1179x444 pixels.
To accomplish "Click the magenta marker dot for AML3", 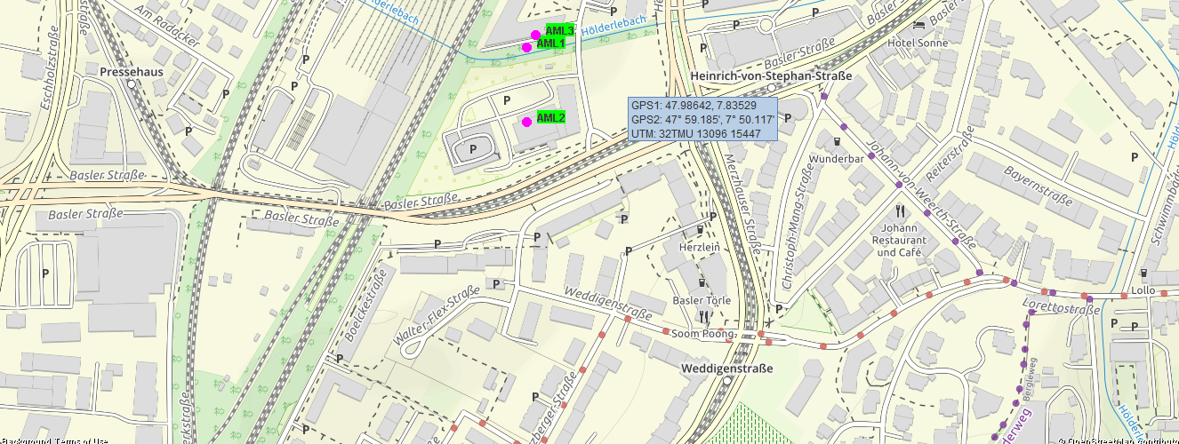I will (x=535, y=35).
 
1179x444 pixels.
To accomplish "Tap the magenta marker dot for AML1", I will (x=526, y=47).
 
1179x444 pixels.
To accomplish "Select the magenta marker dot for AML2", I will (x=526, y=122).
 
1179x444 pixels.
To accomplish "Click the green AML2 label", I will (x=551, y=117).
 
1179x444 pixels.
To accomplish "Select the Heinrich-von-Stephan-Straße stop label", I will (x=771, y=76).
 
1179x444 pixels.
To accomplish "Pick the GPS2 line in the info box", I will (x=702, y=119).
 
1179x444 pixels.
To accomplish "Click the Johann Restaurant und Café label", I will (x=899, y=240).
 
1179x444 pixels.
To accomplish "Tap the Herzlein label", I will (x=698, y=246).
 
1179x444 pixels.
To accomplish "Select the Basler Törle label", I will (x=702, y=300).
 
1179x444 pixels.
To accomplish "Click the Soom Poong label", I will (x=702, y=334).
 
